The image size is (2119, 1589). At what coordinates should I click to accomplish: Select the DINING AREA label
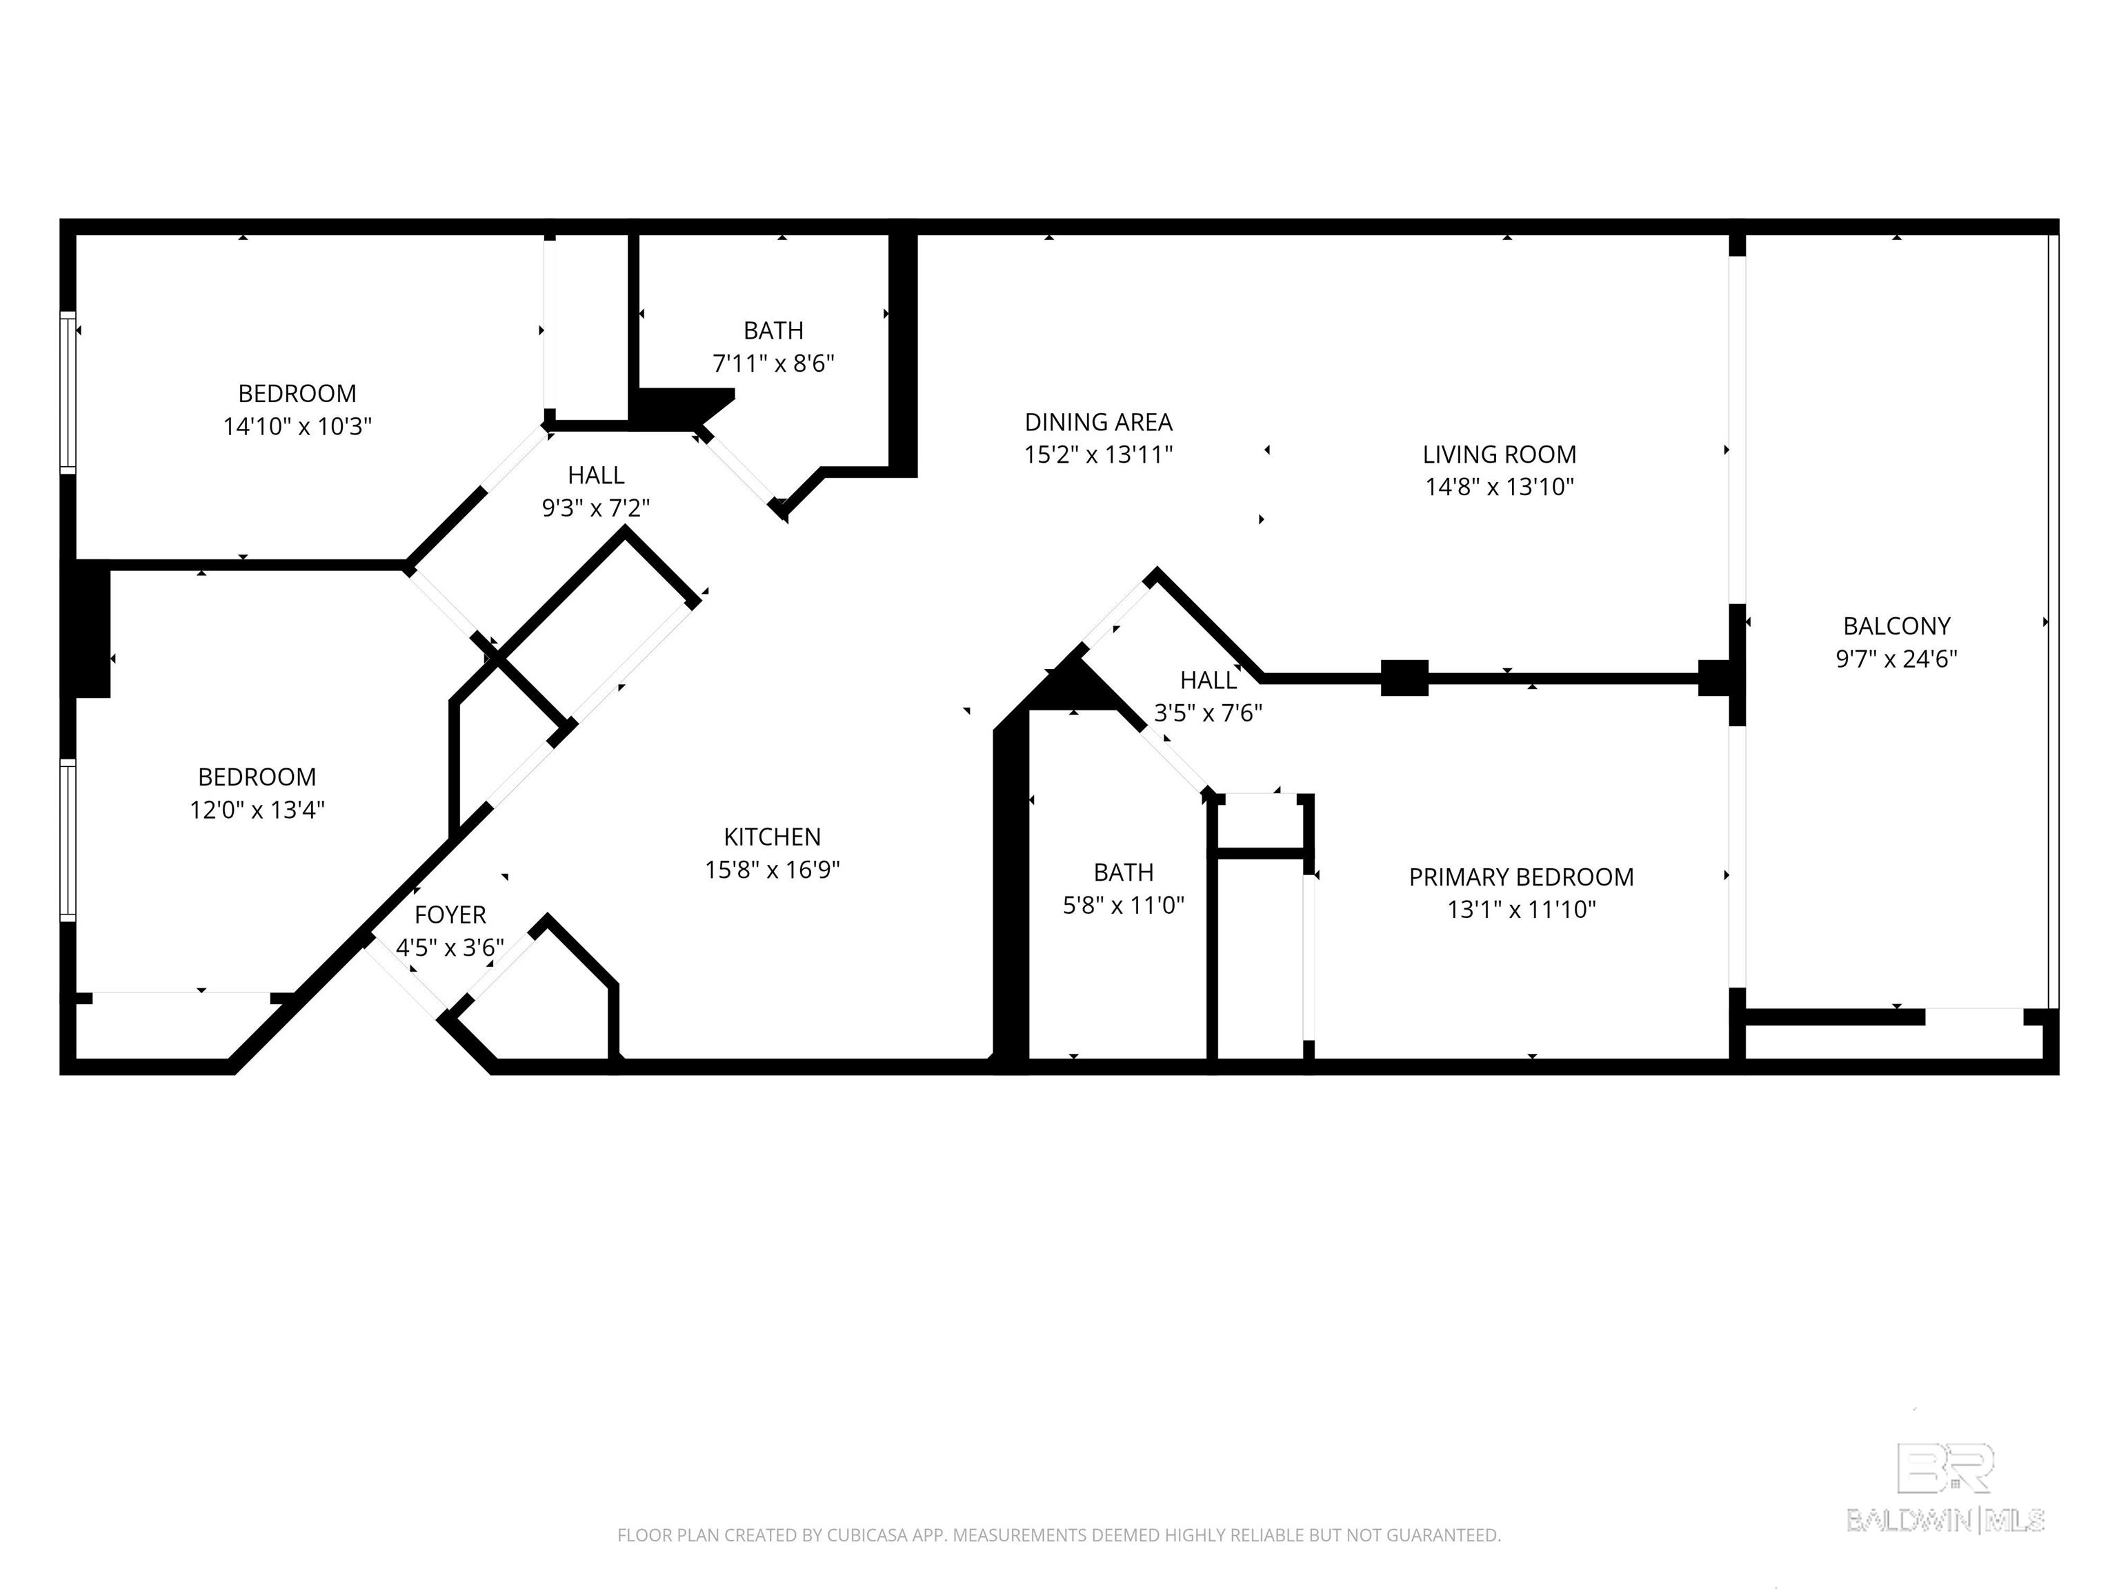[1099, 421]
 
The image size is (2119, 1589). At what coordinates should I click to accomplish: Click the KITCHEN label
[772, 837]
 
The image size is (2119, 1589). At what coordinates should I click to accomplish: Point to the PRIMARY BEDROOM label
[1521, 877]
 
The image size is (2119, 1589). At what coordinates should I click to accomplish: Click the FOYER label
[450, 915]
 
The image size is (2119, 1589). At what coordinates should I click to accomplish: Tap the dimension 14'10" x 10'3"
[297, 426]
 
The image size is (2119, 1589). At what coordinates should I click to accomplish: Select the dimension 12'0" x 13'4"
[257, 810]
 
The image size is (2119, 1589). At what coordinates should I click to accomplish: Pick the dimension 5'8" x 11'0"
[1124, 905]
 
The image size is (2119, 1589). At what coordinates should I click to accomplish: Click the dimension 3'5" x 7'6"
[1208, 712]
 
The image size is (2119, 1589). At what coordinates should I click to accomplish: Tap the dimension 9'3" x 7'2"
[596, 508]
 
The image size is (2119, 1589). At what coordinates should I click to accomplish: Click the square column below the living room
[1404, 678]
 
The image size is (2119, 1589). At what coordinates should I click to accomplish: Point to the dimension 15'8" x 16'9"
[772, 870]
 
